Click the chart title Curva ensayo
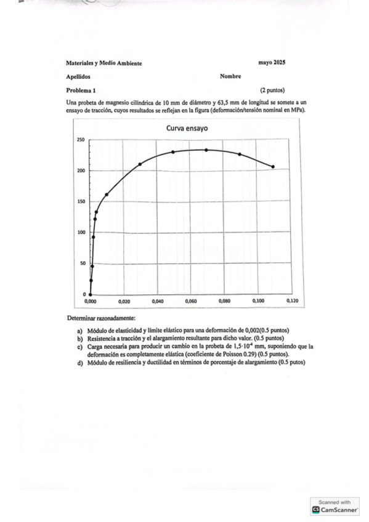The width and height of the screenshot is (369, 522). coord(187,129)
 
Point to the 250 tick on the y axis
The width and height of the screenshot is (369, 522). coord(81,140)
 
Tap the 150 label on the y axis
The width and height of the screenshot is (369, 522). coord(81,202)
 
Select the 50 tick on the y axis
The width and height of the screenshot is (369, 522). coord(83,263)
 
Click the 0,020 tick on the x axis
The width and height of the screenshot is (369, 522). coord(124,302)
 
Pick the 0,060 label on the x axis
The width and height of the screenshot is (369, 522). coord(190,302)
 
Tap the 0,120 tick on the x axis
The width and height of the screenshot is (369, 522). coord(291,302)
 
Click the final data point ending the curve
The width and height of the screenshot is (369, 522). coord(273,166)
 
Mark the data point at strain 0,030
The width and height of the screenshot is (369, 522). coord(140,164)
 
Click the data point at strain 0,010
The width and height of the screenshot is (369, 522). coord(107,195)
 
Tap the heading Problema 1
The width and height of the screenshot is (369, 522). coord(81,90)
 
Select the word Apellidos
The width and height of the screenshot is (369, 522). coord(78,77)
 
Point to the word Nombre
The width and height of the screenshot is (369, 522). coord(230,76)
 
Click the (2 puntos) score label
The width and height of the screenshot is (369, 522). coord(272,90)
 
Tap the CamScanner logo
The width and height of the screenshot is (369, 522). coord(316,510)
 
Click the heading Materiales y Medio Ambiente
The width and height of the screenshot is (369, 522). coord(103,63)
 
